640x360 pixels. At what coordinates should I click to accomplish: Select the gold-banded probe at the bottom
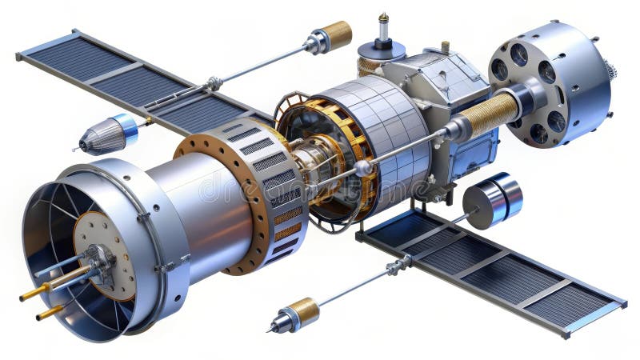[296, 314]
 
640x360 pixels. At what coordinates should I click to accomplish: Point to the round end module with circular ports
[548, 84]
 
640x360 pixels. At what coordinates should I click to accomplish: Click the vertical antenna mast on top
[383, 30]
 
